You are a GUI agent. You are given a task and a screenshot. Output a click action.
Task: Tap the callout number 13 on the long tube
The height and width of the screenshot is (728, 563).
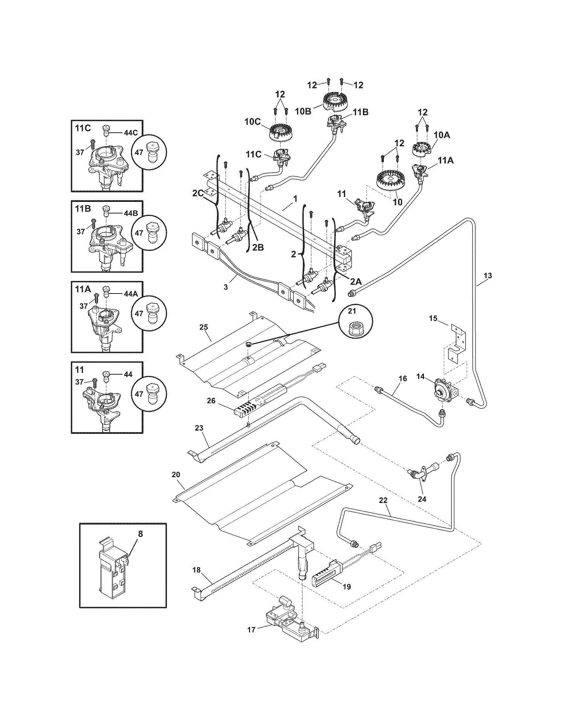pyautogui.click(x=487, y=276)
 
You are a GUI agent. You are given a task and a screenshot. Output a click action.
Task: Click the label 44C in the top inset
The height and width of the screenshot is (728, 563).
pyautogui.click(x=130, y=132)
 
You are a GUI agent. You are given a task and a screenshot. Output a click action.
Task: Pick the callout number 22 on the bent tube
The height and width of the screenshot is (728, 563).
pyautogui.click(x=383, y=509)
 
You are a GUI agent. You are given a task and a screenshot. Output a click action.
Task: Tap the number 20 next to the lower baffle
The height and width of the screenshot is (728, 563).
pyautogui.click(x=176, y=474)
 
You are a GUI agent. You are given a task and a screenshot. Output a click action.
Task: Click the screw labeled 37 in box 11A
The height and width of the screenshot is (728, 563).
pyautogui.click(x=97, y=296)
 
